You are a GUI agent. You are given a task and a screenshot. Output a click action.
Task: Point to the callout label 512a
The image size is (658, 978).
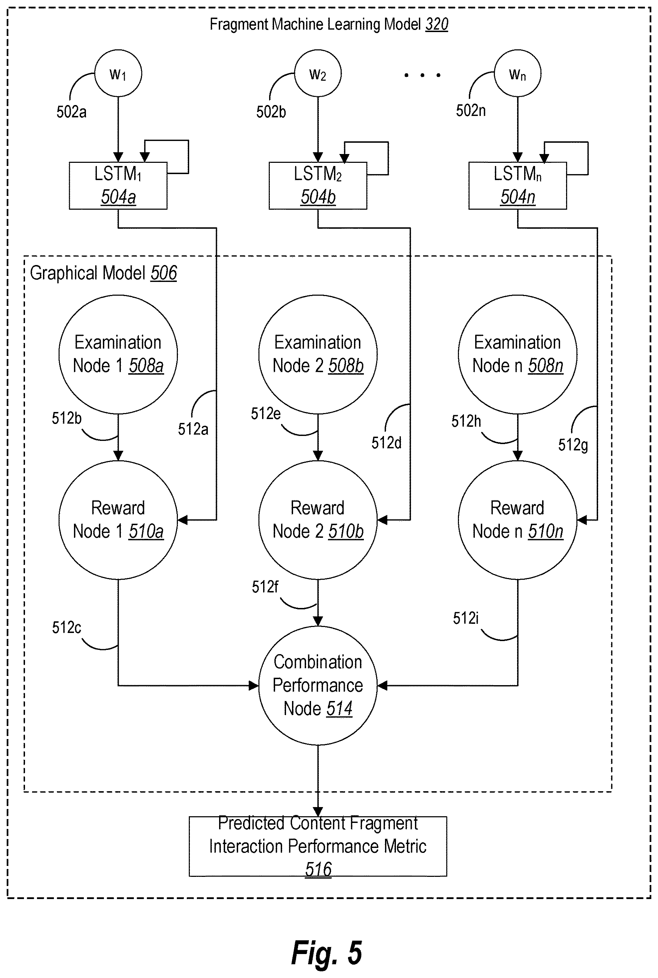pos(193,429)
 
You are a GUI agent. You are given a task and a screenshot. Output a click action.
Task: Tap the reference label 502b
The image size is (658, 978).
pos(271,112)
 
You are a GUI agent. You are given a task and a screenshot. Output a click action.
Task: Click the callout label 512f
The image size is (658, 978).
pos(265,586)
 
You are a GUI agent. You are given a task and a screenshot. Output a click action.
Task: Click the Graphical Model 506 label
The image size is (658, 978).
pos(103,273)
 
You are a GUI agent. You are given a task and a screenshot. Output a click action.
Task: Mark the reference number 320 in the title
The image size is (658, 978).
pos(437,24)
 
